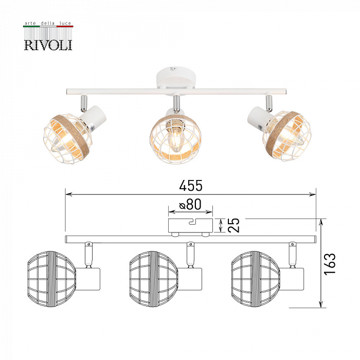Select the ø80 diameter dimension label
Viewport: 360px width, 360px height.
[190, 205]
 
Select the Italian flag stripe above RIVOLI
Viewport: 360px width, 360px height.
[48, 26]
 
